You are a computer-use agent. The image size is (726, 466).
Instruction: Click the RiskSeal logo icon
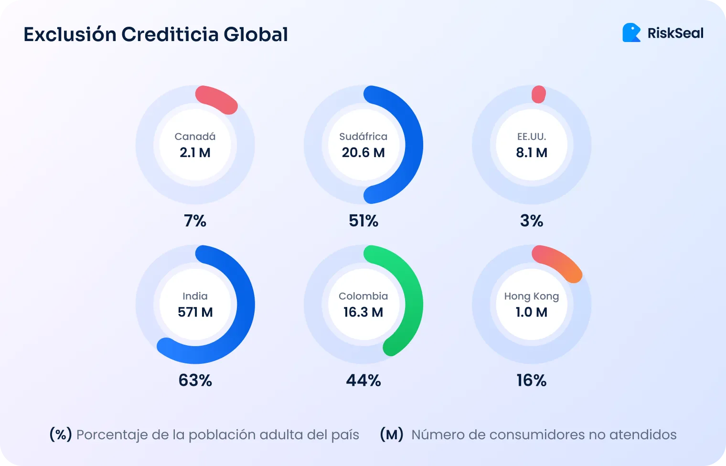coord(631,33)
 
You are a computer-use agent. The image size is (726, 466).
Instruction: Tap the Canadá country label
coord(195,137)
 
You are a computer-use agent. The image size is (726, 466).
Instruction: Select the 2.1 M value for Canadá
coord(195,153)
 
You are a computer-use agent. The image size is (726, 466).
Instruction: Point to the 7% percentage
coord(195,221)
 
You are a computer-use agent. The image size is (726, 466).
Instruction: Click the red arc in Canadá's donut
coord(216,99)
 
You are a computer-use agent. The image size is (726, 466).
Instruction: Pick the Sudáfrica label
coord(363,137)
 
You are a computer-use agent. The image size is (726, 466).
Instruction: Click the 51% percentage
coord(363,221)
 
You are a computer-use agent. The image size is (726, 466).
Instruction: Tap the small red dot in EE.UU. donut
coord(538,95)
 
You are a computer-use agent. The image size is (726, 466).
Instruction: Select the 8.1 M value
coord(531,153)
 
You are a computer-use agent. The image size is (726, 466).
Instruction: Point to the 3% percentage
coord(531,221)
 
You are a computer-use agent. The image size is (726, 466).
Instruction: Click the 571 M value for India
coord(195,312)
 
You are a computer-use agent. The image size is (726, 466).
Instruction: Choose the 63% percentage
coord(195,380)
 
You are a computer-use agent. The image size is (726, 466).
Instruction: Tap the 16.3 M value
coord(363,312)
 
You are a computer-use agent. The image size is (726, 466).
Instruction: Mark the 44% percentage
coord(363,380)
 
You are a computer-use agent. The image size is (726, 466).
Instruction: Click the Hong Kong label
coord(531,296)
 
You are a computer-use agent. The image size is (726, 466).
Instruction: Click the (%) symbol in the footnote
coord(61,434)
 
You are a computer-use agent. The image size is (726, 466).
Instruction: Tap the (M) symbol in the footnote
coord(391,434)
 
